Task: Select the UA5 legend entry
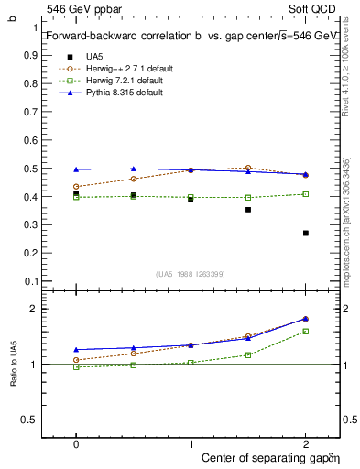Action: (x=94, y=56)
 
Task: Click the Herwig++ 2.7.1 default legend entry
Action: (x=124, y=68)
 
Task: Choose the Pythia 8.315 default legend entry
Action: (x=119, y=92)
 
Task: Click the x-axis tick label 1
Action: (x=191, y=442)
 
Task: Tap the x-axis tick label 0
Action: (x=76, y=442)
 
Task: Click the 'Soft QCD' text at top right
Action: (x=316, y=8)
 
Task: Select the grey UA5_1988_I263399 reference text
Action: (x=190, y=275)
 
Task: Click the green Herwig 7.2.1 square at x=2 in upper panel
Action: (x=306, y=194)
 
